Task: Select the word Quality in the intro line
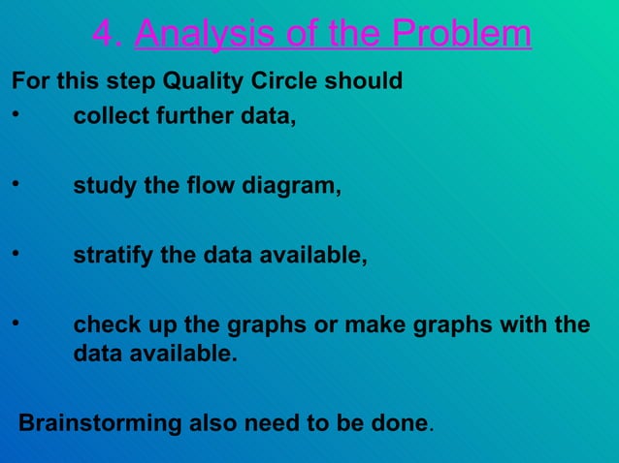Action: click(x=171, y=81)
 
